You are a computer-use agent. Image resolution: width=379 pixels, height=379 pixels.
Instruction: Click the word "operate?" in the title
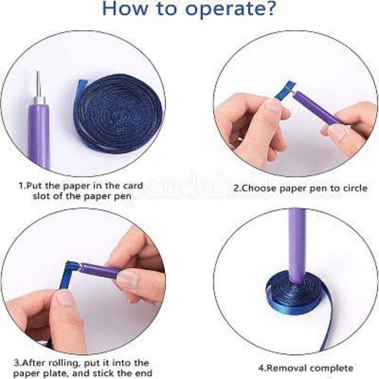click(x=231, y=9)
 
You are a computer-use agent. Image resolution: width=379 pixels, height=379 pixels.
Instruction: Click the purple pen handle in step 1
click(x=39, y=135)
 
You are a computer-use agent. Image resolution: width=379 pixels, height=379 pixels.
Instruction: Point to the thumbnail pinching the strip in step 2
click(x=274, y=104)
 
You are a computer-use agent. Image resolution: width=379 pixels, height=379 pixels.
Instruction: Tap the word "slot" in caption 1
click(x=41, y=196)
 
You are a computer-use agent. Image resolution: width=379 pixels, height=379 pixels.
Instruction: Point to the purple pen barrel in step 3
click(x=101, y=270)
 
